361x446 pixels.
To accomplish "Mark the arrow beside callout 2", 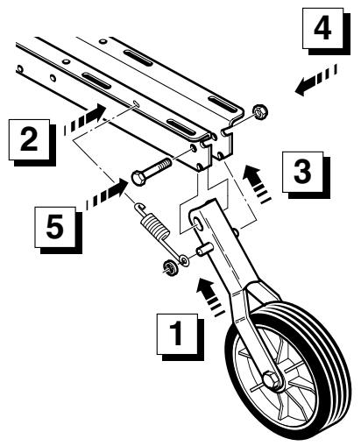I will pyautogui.click(x=84, y=117).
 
